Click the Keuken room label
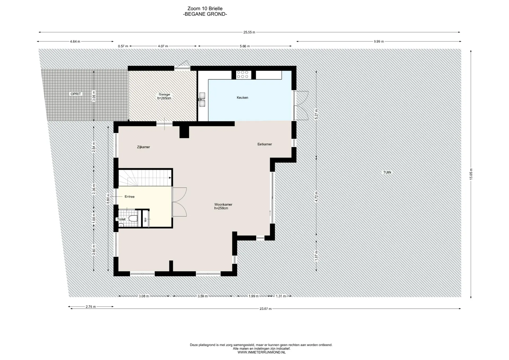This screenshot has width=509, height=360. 242,98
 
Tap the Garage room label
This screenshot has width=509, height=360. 164,94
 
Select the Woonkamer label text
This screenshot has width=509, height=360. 223,204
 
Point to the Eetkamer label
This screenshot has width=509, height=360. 265,144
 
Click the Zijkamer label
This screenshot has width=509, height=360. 143,147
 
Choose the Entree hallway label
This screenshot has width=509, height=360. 130,196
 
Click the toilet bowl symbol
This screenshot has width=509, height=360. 133,218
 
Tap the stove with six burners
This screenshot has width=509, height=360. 243,74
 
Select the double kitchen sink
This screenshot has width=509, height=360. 202,99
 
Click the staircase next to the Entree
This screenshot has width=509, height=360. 144,178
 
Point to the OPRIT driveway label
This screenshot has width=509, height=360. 76,94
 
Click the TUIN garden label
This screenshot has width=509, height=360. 387,172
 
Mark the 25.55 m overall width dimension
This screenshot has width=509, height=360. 249,32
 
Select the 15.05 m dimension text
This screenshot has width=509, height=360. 471,174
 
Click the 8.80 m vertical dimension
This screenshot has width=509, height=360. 108,199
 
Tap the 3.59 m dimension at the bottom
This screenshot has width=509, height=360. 203,296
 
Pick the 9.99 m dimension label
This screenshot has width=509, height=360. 379,42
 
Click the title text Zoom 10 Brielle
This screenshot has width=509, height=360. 205,8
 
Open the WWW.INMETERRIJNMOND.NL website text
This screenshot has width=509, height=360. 261,352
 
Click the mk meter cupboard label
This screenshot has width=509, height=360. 145,219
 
